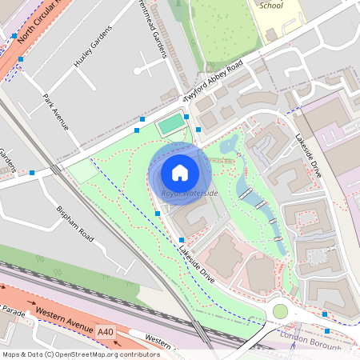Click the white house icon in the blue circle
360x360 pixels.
[x=180, y=173]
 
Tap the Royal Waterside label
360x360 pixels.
[x=189, y=193]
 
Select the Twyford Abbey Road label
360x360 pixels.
[x=213, y=83]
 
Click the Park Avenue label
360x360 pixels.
[x=55, y=112]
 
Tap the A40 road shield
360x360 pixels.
[x=106, y=330]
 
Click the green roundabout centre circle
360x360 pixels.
[x=280, y=310]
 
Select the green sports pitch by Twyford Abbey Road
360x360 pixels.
[x=170, y=125]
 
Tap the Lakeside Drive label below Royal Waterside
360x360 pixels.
[x=197, y=262]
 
